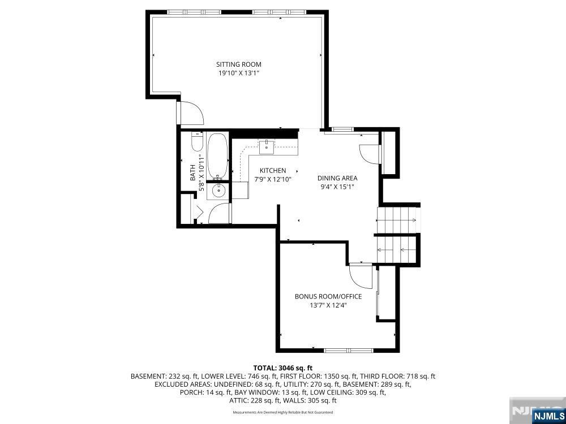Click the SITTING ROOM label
pyautogui.click(x=239, y=64)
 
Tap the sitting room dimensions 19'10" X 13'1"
pyautogui.click(x=239, y=73)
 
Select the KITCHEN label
pyautogui.click(x=273, y=171)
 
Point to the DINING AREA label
pyautogui.click(x=337, y=178)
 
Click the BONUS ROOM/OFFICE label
pyautogui.click(x=328, y=297)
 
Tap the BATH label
pyautogui.click(x=193, y=172)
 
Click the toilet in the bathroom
pyautogui.click(x=197, y=141)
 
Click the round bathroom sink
pyautogui.click(x=218, y=191)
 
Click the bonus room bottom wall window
pyautogui.click(x=348, y=351)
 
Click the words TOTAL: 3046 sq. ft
pyautogui.click(x=282, y=368)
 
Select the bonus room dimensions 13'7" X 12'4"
pyautogui.click(x=328, y=305)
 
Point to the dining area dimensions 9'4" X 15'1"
pyautogui.click(x=337, y=187)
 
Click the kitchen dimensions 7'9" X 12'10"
pyautogui.click(x=273, y=179)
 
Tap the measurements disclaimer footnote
pyautogui.click(x=282, y=412)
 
